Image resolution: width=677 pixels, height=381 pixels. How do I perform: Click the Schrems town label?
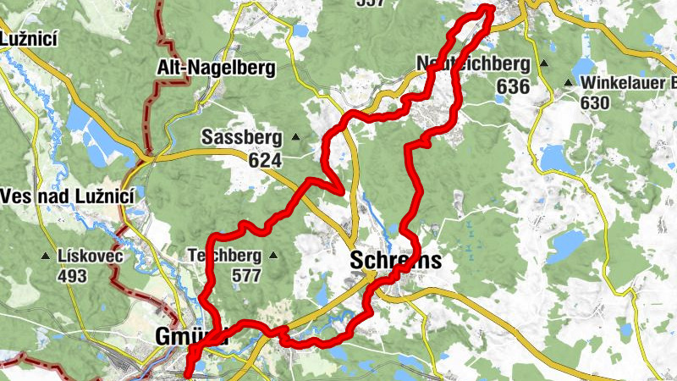coord(395,262)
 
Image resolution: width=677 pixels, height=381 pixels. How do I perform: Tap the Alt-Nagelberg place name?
coord(217,69)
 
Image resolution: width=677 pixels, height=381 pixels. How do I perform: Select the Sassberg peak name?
coord(241,137)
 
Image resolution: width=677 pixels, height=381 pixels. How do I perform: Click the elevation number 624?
coord(265,158)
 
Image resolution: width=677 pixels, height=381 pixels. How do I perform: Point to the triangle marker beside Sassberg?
coord(296,137)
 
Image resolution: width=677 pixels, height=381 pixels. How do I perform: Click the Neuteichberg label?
coord(472,64)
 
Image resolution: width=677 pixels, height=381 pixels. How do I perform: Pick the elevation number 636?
coord(513,86)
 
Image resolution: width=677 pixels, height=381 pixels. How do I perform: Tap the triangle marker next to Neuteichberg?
coord(544,64)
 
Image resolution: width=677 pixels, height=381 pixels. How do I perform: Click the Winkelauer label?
coord(627,83)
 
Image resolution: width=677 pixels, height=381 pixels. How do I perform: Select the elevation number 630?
coord(596,102)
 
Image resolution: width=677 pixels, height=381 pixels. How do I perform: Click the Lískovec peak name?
coord(90,256)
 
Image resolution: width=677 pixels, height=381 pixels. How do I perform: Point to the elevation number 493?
coord(73,275)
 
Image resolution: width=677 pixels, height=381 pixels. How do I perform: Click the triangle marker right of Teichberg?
coord(273,255)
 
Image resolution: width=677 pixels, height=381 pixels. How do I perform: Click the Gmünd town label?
coord(182,336)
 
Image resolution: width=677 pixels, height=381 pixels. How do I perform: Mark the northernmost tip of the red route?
coord(488,8)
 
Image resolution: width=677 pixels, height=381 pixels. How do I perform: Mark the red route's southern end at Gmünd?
coord(187,370)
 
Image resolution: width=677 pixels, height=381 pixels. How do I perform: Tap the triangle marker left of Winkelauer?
coord(569,83)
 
